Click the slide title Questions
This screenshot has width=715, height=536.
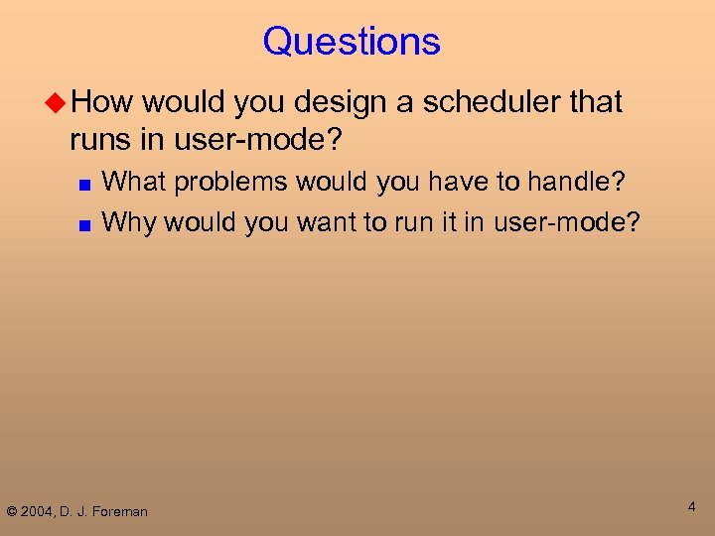coord(352,42)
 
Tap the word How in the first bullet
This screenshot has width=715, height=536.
coord(105,101)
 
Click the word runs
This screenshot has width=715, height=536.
coord(101,140)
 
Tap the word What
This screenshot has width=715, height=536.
coord(132,182)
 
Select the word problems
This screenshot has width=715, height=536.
coord(231,183)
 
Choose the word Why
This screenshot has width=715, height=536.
coord(129,221)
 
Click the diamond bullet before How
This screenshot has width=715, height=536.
coord(58,102)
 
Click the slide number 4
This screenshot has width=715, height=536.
coord(691,507)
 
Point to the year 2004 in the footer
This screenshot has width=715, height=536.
coord(43,512)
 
